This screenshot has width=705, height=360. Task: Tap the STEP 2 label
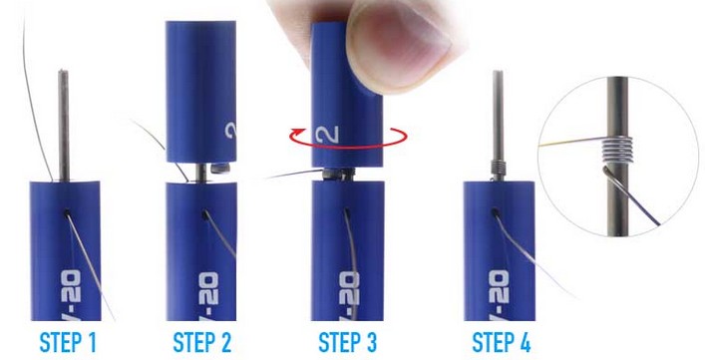[x=202, y=343]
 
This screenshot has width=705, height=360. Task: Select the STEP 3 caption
[x=347, y=343]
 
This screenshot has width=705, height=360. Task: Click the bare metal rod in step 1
[x=62, y=120]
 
